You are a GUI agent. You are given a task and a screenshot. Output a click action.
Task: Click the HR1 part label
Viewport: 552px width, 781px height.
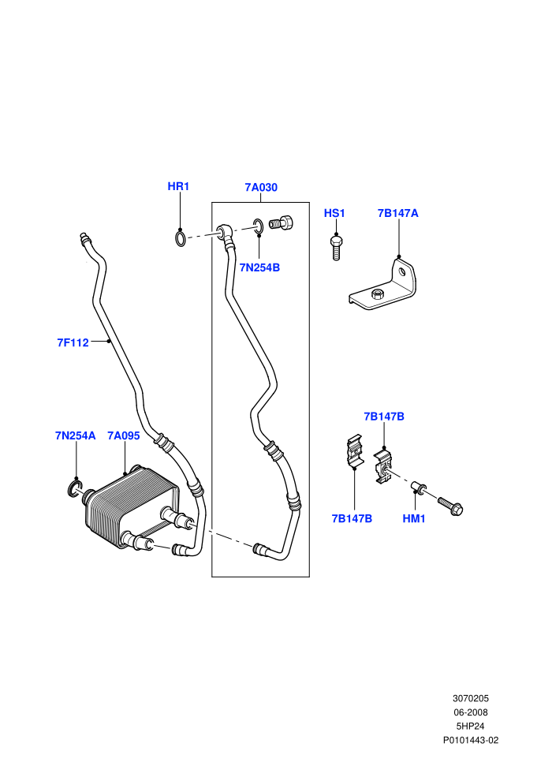(x=178, y=186)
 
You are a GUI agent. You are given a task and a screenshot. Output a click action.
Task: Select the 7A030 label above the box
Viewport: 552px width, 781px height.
(x=261, y=187)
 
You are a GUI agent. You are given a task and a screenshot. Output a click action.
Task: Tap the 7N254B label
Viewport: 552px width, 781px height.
(x=259, y=267)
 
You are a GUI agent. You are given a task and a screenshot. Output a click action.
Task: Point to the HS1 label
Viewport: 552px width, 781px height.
(x=334, y=213)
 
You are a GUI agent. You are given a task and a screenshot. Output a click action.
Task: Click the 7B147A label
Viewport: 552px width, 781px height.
(x=397, y=213)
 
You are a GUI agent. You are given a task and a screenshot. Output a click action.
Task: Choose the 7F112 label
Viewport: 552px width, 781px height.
(x=73, y=342)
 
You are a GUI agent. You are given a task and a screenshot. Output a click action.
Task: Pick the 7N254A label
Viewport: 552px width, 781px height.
(x=75, y=435)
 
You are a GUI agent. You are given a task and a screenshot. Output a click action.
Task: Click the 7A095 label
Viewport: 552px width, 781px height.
(x=124, y=435)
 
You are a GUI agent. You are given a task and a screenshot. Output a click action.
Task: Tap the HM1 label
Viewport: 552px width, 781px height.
(x=414, y=518)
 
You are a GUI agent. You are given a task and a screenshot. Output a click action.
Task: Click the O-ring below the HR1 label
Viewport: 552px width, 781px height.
(x=181, y=238)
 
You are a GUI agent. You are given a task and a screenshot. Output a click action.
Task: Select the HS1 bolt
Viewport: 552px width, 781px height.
(x=337, y=248)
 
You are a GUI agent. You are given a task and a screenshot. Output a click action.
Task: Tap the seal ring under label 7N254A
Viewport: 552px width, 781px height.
(x=73, y=488)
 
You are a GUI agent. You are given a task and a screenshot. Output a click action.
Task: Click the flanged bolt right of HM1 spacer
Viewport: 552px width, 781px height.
(x=450, y=505)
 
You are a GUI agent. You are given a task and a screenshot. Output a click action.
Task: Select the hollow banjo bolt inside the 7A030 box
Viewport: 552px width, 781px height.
(x=282, y=222)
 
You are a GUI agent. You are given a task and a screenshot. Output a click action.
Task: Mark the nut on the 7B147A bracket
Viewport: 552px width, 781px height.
(x=377, y=293)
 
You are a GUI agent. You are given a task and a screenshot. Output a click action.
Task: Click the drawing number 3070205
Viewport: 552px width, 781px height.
(x=471, y=698)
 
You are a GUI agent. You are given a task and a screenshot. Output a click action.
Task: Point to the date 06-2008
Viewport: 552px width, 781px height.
(x=471, y=712)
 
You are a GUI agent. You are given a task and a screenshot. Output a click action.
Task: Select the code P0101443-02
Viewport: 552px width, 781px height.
(x=471, y=740)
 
